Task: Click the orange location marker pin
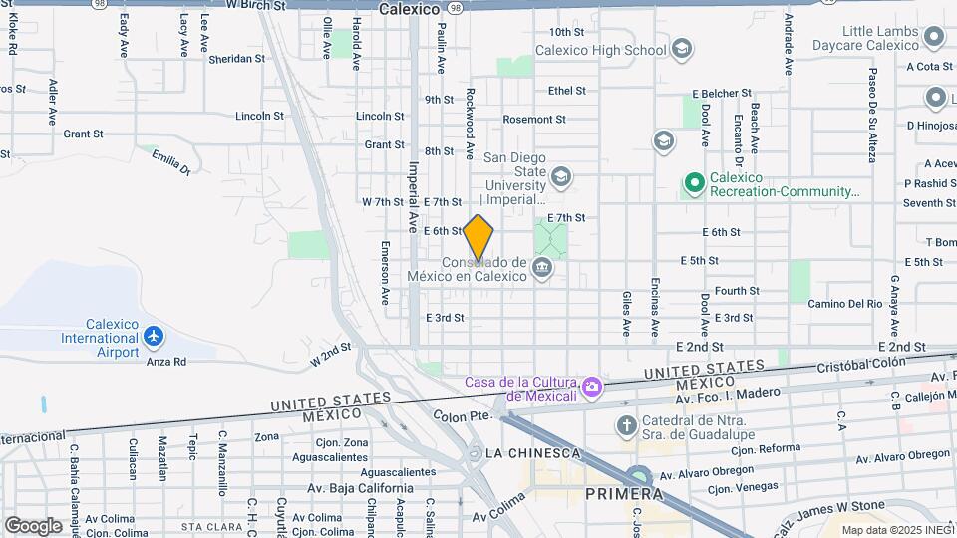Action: pos(478,237)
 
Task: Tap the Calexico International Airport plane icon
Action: pos(154,338)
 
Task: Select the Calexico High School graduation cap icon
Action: pos(682,49)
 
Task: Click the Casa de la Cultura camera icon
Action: pos(592,386)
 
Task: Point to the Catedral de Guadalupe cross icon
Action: pos(626,427)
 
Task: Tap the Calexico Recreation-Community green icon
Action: pos(694,183)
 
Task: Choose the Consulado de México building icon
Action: pos(542,267)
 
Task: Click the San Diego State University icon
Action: pos(561,177)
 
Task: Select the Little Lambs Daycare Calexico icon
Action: pos(934,38)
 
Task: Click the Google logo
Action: pos(33,525)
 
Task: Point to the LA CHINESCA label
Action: pos(532,453)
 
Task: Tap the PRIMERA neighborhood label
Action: pos(624,493)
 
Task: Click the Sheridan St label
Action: pos(236,59)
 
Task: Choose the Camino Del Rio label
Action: pos(844,303)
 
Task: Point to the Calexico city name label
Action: pos(409,9)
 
